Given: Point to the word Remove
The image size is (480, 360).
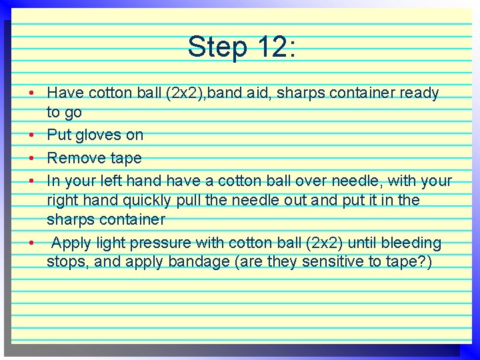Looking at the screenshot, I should coord(75,158).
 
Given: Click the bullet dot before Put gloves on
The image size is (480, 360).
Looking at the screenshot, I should coord(31,135).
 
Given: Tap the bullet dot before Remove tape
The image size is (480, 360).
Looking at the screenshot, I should coord(31,158).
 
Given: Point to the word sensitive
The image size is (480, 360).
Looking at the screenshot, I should coord(329,262).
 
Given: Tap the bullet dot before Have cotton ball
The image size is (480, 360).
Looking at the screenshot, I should coord(31,93).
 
